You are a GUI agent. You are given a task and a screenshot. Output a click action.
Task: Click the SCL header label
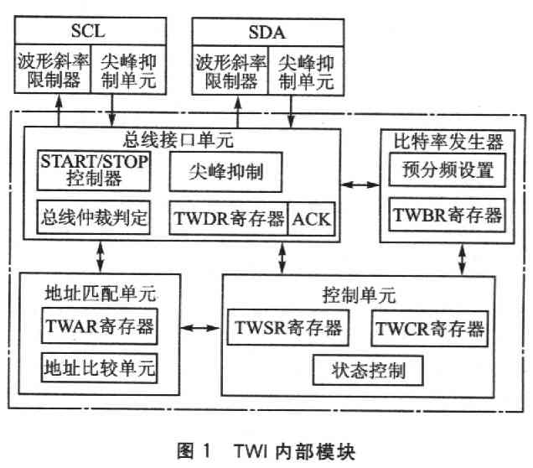pos(88,31)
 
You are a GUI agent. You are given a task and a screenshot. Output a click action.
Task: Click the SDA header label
pos(266,33)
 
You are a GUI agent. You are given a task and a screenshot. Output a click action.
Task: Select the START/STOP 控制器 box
pos(94,171)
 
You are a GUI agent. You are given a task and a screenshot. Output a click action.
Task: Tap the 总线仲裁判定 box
pos(94,217)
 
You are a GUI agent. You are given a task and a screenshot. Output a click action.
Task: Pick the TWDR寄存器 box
pos(229,219)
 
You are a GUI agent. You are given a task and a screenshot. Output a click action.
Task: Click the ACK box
pos(312,219)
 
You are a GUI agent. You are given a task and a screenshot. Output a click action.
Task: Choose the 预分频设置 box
pos(448,169)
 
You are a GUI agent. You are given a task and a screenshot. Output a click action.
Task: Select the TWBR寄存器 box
pos(448,215)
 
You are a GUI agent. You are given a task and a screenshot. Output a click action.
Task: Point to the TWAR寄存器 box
pos(100,326)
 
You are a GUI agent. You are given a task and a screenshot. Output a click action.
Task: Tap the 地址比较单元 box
pos(100,367)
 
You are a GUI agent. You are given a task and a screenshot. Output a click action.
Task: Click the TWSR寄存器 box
pos(288,328)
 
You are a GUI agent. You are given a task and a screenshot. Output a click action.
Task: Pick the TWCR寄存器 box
pos(430,329)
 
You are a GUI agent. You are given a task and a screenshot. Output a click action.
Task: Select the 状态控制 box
pos(368,371)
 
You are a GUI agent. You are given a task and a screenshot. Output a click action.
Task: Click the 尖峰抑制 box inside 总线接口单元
pos(226,172)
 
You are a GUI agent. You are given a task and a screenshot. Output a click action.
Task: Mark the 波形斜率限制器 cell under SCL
pos(53,69)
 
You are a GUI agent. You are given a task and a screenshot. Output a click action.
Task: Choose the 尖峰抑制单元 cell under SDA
pos(306,70)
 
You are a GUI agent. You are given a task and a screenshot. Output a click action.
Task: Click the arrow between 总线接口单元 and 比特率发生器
pos(360,185)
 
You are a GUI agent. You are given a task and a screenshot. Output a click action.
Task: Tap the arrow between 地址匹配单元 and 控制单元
pos(200,328)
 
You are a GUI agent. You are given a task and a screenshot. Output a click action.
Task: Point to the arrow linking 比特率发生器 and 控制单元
pos(463,259)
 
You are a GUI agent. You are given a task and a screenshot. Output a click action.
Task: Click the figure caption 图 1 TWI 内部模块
pos(266,451)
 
